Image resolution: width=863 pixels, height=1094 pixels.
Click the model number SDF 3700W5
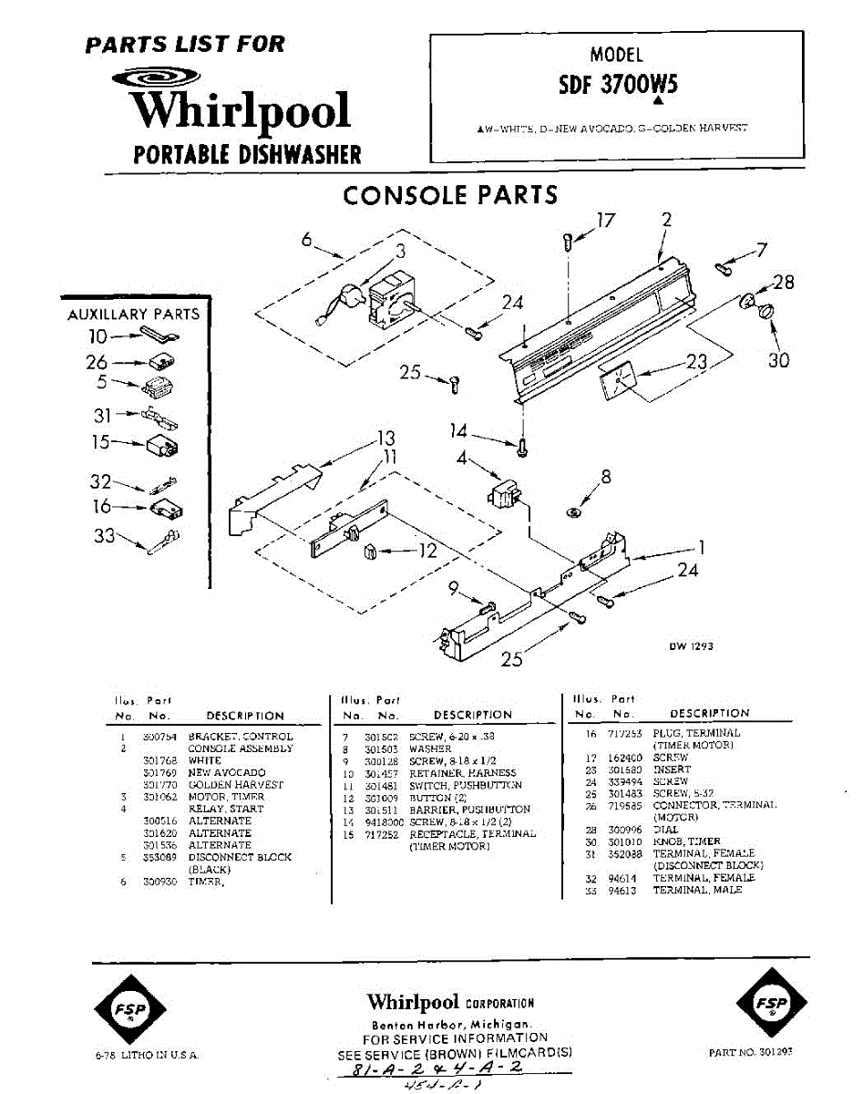pos(617,85)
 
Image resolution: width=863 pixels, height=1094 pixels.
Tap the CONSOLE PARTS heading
pos(449,194)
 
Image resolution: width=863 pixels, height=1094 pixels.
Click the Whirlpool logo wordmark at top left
pos(240,111)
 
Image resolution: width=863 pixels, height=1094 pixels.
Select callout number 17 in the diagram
pos(605,220)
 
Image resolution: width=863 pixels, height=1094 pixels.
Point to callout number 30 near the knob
pos(777,360)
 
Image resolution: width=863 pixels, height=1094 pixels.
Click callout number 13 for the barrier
pos(386,439)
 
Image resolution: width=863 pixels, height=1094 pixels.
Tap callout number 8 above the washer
pos(605,476)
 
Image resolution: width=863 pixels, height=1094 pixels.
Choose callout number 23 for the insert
pos(696,362)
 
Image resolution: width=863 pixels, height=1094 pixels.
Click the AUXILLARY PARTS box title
pos(134,314)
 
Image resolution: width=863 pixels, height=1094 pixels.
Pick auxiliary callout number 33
pos(105,536)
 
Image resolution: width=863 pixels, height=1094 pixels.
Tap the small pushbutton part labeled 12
pos(370,552)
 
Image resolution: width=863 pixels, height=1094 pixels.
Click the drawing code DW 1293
pos(691,645)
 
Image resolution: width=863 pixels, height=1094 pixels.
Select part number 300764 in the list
pos(159,737)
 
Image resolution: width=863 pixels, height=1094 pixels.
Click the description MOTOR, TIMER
pos(226,797)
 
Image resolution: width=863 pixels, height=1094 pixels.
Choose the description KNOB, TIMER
pos(686,841)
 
